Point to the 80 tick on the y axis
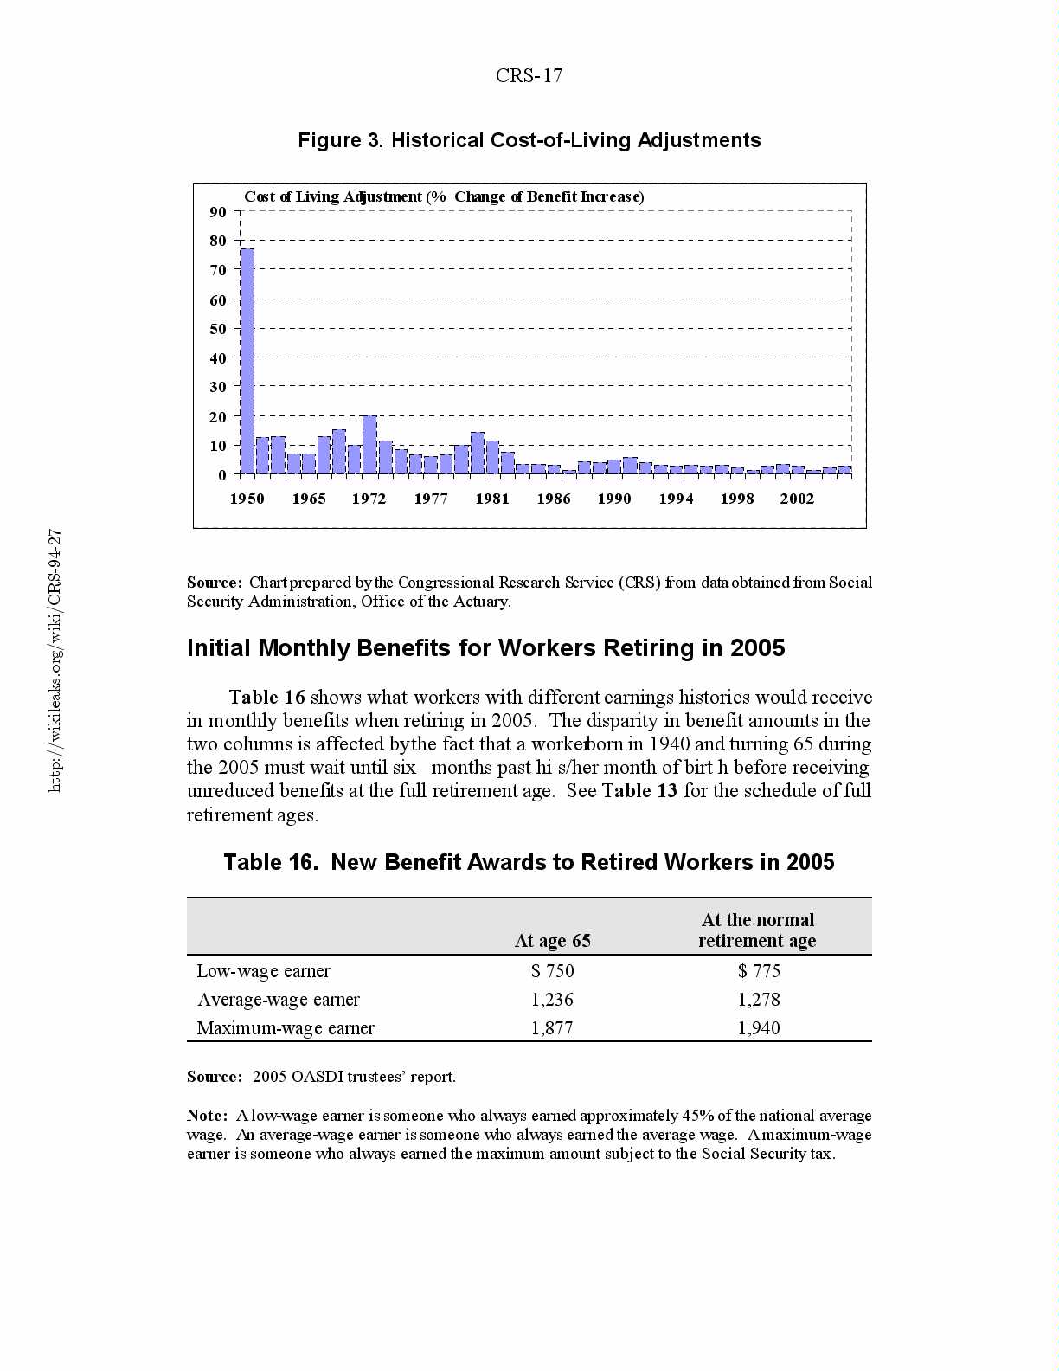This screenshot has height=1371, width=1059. point(217,241)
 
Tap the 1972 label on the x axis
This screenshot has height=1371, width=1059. point(369,499)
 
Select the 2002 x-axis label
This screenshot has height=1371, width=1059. point(797,499)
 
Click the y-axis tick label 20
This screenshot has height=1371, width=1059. point(217,417)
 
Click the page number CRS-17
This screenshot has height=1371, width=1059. point(529,76)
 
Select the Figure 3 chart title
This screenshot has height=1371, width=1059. point(529,140)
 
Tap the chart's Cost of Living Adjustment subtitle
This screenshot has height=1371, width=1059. point(444,196)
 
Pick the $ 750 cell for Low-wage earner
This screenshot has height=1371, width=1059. point(552,971)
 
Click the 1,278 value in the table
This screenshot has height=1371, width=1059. point(758,1000)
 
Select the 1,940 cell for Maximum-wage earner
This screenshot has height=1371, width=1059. point(758,1028)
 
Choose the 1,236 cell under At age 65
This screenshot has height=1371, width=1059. point(552,1000)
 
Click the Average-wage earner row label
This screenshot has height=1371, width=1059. point(278,1000)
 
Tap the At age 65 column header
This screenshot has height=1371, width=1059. point(552,941)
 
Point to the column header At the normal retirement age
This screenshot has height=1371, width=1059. point(757,930)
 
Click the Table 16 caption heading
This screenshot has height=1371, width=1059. point(529,862)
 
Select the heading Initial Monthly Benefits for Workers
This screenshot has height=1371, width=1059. point(485,648)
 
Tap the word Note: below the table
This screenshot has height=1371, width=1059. point(207,1116)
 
